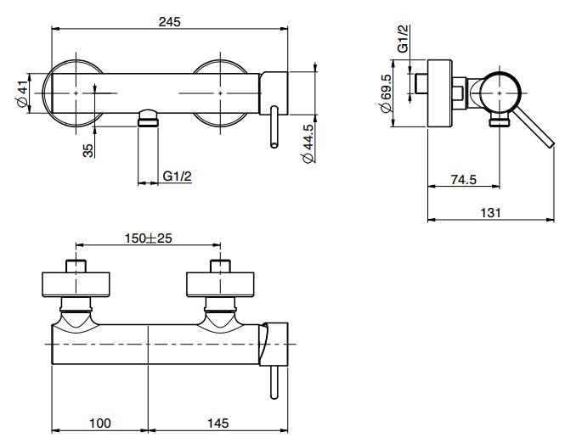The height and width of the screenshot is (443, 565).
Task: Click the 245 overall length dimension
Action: click(169, 22)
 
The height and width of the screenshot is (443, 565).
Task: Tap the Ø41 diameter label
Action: click(22, 93)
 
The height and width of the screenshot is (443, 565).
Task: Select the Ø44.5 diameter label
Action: click(308, 144)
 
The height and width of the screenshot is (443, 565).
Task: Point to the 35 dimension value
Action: click(88, 150)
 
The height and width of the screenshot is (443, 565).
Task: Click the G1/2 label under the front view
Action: click(178, 177)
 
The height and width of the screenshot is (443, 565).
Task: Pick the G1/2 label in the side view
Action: click(404, 38)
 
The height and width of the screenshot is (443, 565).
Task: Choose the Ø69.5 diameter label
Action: click(385, 93)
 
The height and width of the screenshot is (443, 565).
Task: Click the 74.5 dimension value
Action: click(463, 179)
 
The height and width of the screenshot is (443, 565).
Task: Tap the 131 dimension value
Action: click(491, 213)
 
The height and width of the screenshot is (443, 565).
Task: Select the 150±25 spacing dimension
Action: click(149, 238)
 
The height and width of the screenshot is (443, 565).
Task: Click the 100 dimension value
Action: click(100, 423)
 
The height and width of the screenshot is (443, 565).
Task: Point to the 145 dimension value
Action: click(218, 423)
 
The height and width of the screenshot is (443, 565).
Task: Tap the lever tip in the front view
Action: click(274, 144)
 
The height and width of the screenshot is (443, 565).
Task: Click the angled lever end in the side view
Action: click(551, 143)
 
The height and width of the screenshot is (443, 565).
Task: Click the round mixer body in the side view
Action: click(500, 93)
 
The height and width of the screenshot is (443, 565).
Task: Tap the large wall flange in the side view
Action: click(439, 93)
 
